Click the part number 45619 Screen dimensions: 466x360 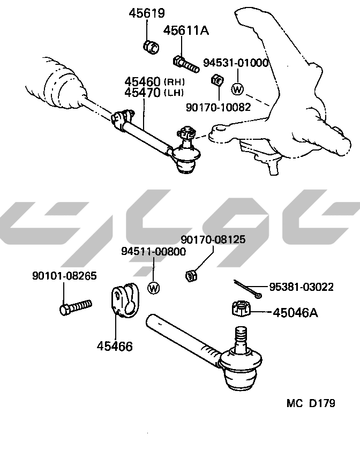(x=146, y=13)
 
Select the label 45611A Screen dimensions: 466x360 (x=186, y=31)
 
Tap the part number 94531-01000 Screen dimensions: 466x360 (x=235, y=63)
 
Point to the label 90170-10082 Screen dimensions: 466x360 (x=218, y=107)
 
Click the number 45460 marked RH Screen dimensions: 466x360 (x=142, y=82)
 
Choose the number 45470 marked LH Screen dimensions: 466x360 (x=142, y=93)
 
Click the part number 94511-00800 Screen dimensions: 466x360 (x=153, y=251)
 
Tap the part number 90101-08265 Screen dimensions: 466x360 (x=64, y=276)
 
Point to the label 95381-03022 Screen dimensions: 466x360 (x=301, y=287)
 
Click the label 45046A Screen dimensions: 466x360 (x=295, y=312)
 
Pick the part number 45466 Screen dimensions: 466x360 (x=115, y=346)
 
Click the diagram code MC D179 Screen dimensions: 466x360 (x=311, y=403)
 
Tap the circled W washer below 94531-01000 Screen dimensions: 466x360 (x=237, y=89)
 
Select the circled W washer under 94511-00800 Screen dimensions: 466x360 (x=153, y=288)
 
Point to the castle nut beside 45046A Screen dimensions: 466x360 (x=240, y=309)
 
